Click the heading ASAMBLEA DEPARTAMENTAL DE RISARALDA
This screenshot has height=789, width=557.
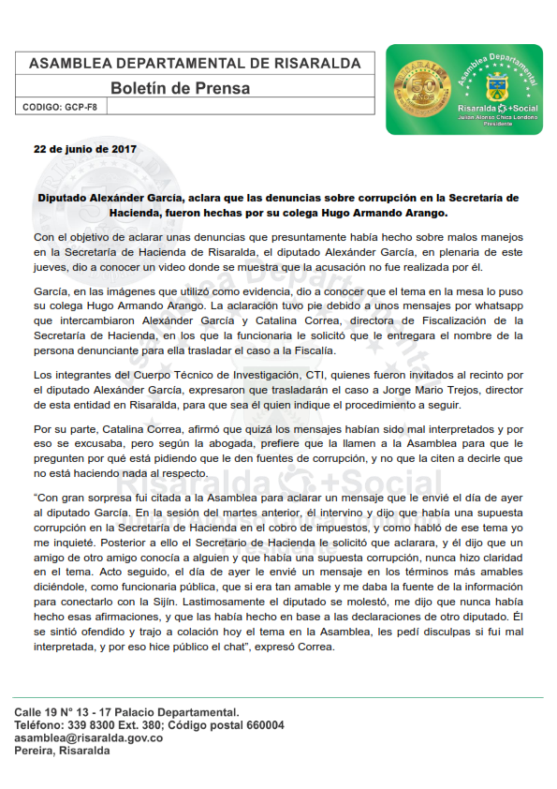pos(195,63)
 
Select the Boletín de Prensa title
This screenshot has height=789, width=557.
pos(181,88)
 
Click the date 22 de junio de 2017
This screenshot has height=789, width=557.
pos(85,149)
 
